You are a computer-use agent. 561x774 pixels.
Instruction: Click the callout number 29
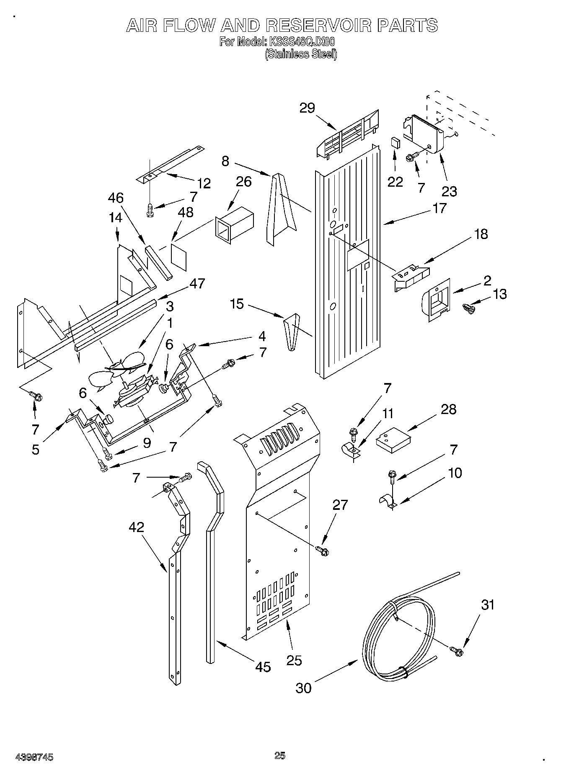click(x=307, y=108)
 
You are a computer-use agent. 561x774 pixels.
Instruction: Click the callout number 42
click(x=137, y=527)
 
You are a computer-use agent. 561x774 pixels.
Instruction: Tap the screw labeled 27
click(x=323, y=550)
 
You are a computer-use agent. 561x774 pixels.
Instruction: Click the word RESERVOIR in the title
click(x=319, y=26)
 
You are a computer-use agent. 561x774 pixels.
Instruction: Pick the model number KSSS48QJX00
click(x=302, y=42)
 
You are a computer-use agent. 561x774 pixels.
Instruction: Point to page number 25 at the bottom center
click(x=280, y=755)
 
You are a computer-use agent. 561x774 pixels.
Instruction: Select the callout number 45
click(x=263, y=666)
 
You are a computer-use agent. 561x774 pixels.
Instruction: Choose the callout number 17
click(x=439, y=208)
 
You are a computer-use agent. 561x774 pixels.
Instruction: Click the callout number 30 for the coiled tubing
click(x=304, y=687)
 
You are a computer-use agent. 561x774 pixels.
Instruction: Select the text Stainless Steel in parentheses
click(x=301, y=54)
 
